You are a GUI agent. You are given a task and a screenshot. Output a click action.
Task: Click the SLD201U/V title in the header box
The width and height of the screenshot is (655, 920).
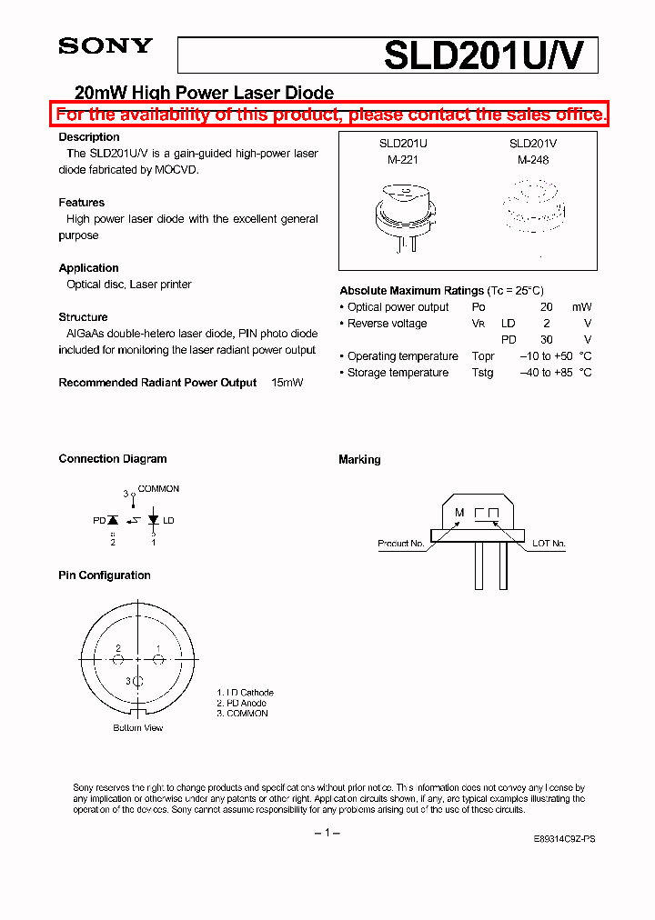click(x=489, y=55)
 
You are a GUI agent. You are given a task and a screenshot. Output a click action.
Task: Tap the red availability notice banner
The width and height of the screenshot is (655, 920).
click(x=329, y=115)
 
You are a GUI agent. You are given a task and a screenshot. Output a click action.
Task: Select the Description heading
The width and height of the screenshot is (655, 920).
click(x=89, y=137)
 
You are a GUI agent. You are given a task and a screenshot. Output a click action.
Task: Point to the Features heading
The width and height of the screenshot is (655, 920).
click(x=82, y=203)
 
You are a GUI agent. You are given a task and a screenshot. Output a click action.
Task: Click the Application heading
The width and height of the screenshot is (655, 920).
click(x=88, y=268)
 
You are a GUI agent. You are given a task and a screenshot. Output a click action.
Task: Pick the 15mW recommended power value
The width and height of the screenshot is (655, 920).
click(x=287, y=383)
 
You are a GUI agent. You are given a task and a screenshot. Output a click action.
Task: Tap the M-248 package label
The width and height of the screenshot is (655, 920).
click(x=533, y=159)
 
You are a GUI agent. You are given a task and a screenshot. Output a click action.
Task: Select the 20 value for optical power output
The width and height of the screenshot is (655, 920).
click(x=547, y=307)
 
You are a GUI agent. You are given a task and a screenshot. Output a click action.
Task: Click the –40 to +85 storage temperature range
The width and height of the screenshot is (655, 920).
click(x=546, y=373)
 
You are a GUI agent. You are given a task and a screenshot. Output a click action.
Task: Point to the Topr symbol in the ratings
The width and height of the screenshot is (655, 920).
click(x=483, y=356)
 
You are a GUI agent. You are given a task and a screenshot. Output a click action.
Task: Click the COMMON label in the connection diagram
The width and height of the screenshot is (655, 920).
click(x=158, y=489)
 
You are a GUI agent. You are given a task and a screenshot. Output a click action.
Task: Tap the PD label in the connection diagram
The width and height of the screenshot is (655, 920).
click(x=99, y=521)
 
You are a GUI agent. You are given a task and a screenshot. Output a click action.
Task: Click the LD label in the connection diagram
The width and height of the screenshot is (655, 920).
click(x=168, y=521)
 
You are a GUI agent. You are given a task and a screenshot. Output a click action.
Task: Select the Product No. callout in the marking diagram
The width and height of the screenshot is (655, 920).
click(x=401, y=544)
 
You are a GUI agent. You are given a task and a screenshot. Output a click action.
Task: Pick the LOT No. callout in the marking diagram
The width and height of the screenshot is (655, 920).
click(x=548, y=544)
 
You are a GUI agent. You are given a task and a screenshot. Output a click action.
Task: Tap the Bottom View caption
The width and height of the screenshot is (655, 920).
click(x=138, y=728)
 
